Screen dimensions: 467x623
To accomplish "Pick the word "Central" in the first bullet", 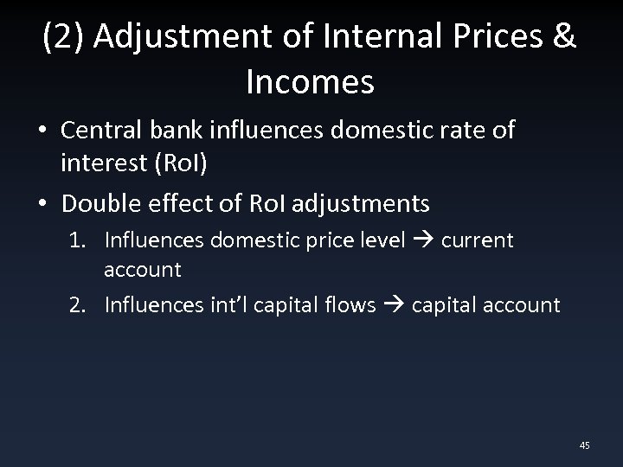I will point(100,131).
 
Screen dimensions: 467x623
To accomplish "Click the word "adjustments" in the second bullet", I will point(362,204).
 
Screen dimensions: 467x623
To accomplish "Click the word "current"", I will point(477,240).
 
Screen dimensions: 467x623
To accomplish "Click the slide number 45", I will point(584,445).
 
